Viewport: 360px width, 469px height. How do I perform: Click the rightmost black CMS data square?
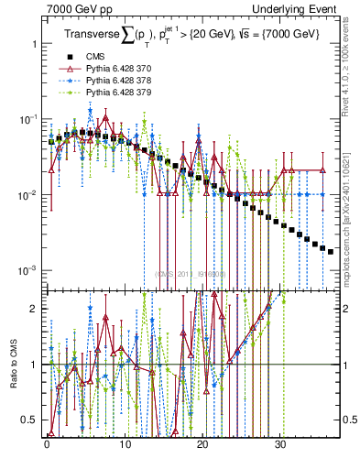(331, 250)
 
